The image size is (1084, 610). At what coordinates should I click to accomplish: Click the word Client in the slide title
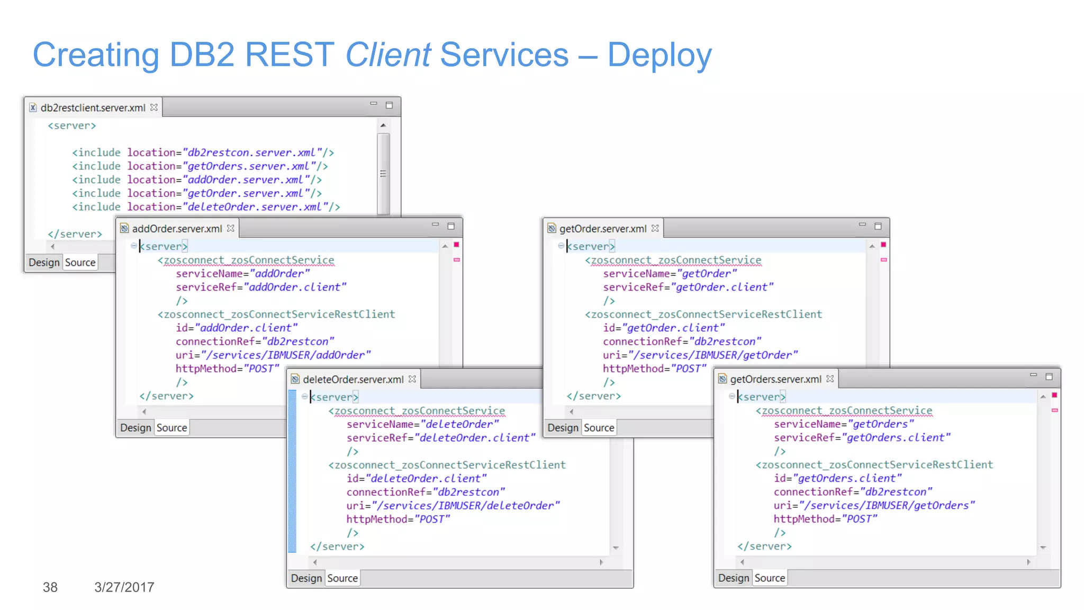tap(388, 55)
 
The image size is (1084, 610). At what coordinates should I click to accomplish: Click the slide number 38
tap(50, 587)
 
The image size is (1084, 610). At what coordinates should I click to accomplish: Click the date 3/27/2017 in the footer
tap(124, 587)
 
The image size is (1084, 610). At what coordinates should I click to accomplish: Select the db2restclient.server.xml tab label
tap(93, 107)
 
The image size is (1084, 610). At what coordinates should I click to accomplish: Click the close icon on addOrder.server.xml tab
tap(230, 228)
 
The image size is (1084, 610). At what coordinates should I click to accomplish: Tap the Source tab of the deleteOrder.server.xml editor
tap(342, 578)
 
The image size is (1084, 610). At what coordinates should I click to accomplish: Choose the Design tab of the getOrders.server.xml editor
tap(733, 578)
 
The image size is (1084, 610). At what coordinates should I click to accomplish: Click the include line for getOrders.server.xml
tap(200, 166)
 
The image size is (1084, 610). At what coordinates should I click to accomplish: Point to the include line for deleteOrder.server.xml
tap(206, 207)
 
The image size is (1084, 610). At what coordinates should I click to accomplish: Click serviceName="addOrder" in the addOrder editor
tap(243, 274)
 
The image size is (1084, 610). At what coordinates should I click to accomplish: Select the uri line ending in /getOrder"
tap(700, 355)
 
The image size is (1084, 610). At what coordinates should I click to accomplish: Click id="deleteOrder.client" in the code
tap(417, 479)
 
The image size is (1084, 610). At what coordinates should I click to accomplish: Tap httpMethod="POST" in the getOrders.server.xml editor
tap(825, 519)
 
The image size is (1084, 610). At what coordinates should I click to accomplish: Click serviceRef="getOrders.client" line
tap(862, 438)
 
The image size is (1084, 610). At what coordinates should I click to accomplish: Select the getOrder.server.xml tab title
tap(602, 229)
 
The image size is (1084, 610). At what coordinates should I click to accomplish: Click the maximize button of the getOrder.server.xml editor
tap(878, 226)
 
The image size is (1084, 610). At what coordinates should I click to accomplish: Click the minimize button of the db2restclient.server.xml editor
tap(374, 104)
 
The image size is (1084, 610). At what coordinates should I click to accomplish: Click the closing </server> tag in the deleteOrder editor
tap(337, 546)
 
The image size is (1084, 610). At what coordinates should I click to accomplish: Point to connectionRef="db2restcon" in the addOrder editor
tap(255, 342)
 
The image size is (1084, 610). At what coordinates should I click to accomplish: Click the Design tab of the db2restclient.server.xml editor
tap(44, 263)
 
